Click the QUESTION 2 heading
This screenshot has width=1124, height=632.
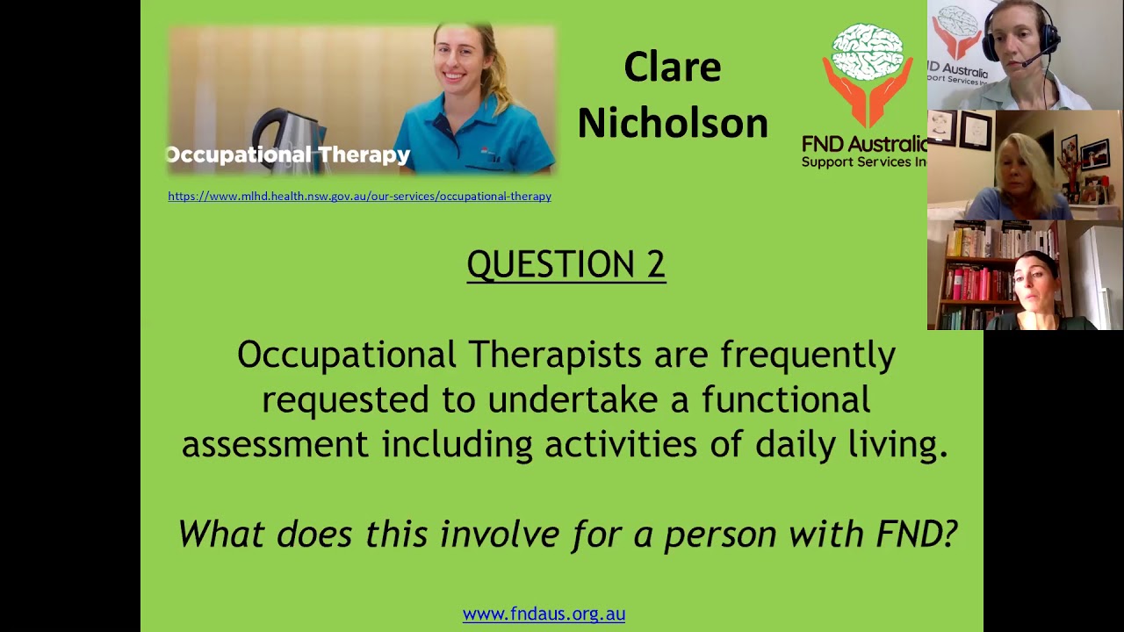pyautogui.click(x=566, y=264)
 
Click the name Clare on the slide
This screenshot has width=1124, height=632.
pyautogui.click(x=672, y=68)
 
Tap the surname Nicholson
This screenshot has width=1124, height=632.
pyautogui.click(x=672, y=123)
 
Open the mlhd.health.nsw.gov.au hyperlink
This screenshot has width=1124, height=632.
pyautogui.click(x=359, y=197)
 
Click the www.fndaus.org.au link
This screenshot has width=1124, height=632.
pyautogui.click(x=544, y=614)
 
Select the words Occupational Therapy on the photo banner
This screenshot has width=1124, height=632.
pyautogui.click(x=288, y=155)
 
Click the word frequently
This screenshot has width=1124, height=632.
pyautogui.click(x=808, y=355)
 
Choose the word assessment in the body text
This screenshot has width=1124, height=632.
pyautogui.click(x=275, y=444)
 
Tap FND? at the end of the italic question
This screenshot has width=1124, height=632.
pyautogui.click(x=917, y=534)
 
